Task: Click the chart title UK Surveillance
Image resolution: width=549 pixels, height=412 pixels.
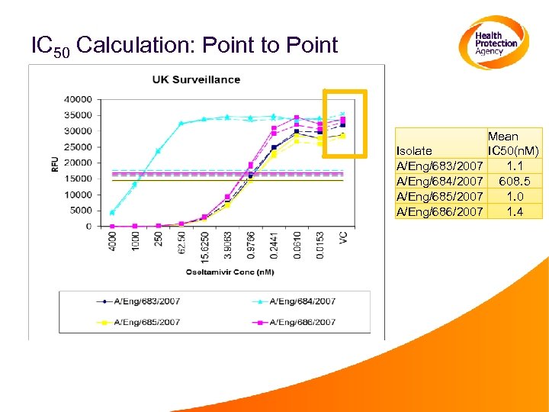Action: [196, 79]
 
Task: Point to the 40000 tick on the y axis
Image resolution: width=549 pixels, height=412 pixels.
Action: [79, 99]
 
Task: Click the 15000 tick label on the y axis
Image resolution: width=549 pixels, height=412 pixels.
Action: [79, 179]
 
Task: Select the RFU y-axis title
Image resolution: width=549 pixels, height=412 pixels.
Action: [55, 163]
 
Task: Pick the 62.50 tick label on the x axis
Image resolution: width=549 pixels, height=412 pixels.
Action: [181, 241]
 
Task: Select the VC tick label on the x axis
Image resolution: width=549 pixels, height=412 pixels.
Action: [342, 238]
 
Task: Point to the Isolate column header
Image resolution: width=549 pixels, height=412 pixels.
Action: [414, 151]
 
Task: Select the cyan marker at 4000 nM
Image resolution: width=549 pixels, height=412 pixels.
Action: [113, 212]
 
